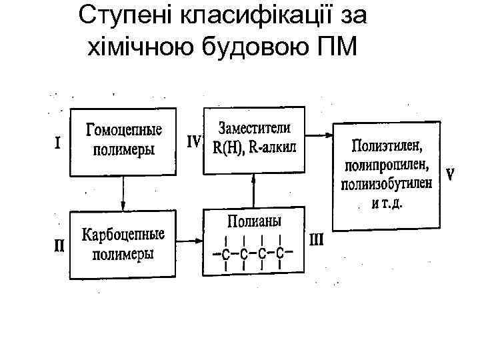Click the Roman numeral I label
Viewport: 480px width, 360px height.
click(x=58, y=143)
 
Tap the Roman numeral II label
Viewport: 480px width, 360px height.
click(x=59, y=246)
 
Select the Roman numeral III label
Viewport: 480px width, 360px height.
click(x=315, y=238)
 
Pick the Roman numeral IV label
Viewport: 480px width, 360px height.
click(x=193, y=141)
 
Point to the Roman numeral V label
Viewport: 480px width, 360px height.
click(x=451, y=175)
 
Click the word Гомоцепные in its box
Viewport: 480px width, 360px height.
click(x=124, y=131)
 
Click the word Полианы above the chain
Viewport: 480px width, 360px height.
click(x=254, y=221)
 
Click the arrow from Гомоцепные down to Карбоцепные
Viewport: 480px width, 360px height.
click(x=123, y=193)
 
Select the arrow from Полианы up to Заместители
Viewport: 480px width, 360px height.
click(x=253, y=191)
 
